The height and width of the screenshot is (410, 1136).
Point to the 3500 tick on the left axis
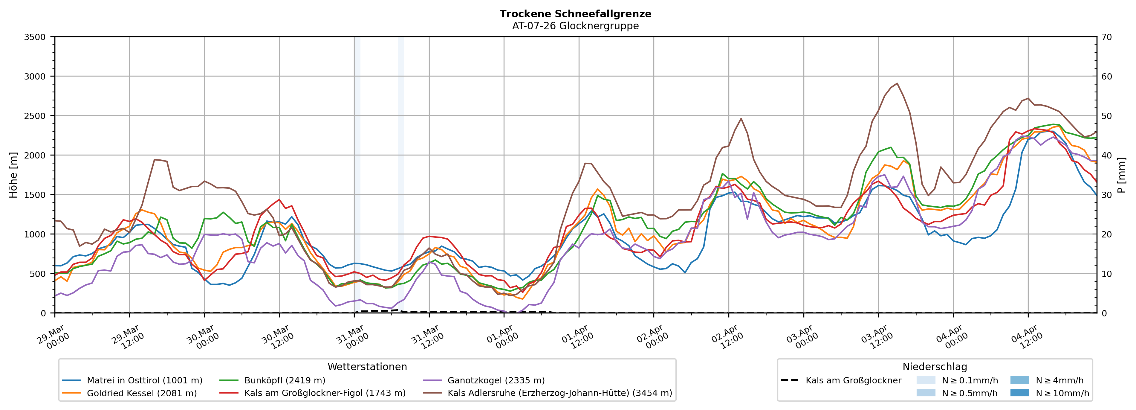[35, 37]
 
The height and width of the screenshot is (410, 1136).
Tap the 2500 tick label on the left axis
[35, 116]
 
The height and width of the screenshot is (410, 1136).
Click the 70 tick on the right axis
[1106, 37]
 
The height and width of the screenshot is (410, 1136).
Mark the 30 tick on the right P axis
[1106, 195]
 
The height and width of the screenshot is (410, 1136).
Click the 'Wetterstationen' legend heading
[367, 367]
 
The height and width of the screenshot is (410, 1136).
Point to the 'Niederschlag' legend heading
[935, 367]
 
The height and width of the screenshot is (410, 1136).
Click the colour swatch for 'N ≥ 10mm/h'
[1019, 393]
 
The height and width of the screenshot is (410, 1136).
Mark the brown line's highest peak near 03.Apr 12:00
[897, 83]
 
